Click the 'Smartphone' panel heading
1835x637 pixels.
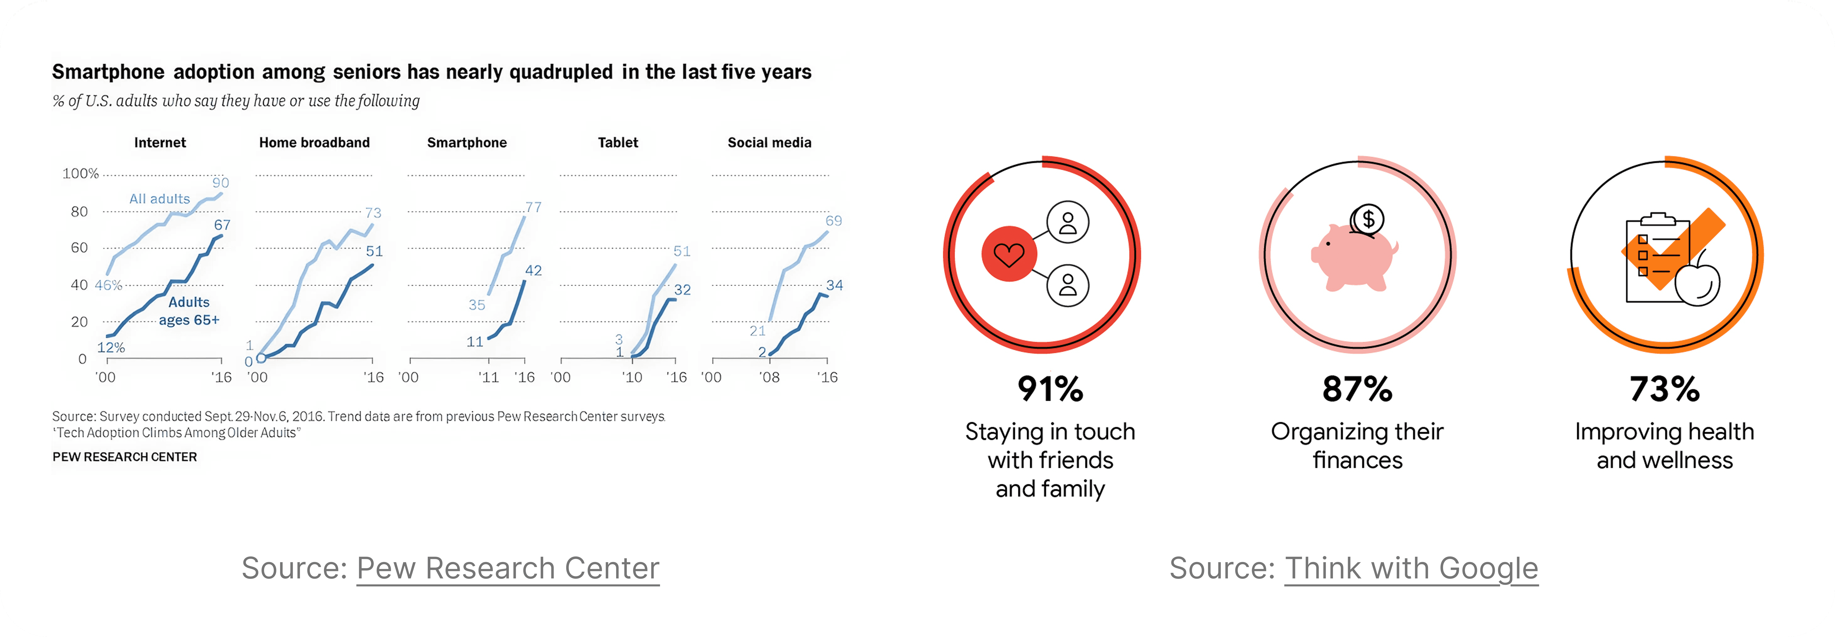click(x=467, y=143)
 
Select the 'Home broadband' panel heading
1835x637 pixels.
click(x=314, y=143)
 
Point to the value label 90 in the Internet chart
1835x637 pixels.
click(x=221, y=182)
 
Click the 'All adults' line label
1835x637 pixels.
click(x=160, y=199)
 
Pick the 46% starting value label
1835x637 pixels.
click(x=108, y=285)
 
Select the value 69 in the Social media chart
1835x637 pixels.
click(x=833, y=221)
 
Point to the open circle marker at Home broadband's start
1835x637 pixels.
click(x=261, y=358)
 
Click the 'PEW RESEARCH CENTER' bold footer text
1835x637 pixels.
click(x=125, y=457)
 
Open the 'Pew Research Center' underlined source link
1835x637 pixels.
click(x=508, y=569)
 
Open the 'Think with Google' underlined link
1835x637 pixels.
click(x=1411, y=569)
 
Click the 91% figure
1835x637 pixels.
click(x=1050, y=389)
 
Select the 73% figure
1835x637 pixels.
click(x=1664, y=389)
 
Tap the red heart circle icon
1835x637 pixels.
click(x=1009, y=254)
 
